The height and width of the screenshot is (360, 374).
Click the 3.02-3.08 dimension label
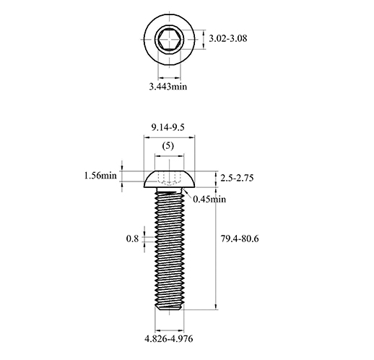click(x=227, y=38)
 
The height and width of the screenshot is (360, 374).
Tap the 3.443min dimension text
click(x=168, y=86)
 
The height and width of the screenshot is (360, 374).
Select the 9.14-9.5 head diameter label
click(x=168, y=127)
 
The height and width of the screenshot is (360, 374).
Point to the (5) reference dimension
click(x=168, y=145)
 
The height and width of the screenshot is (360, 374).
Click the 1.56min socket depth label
click(x=100, y=176)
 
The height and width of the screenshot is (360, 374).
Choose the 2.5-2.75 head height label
click(x=237, y=178)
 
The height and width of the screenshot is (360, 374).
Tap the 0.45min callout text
click(x=209, y=200)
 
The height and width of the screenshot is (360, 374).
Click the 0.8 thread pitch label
click(x=132, y=239)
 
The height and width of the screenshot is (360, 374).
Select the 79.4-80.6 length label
click(x=240, y=239)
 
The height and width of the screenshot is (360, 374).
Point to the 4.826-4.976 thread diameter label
click(x=169, y=339)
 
